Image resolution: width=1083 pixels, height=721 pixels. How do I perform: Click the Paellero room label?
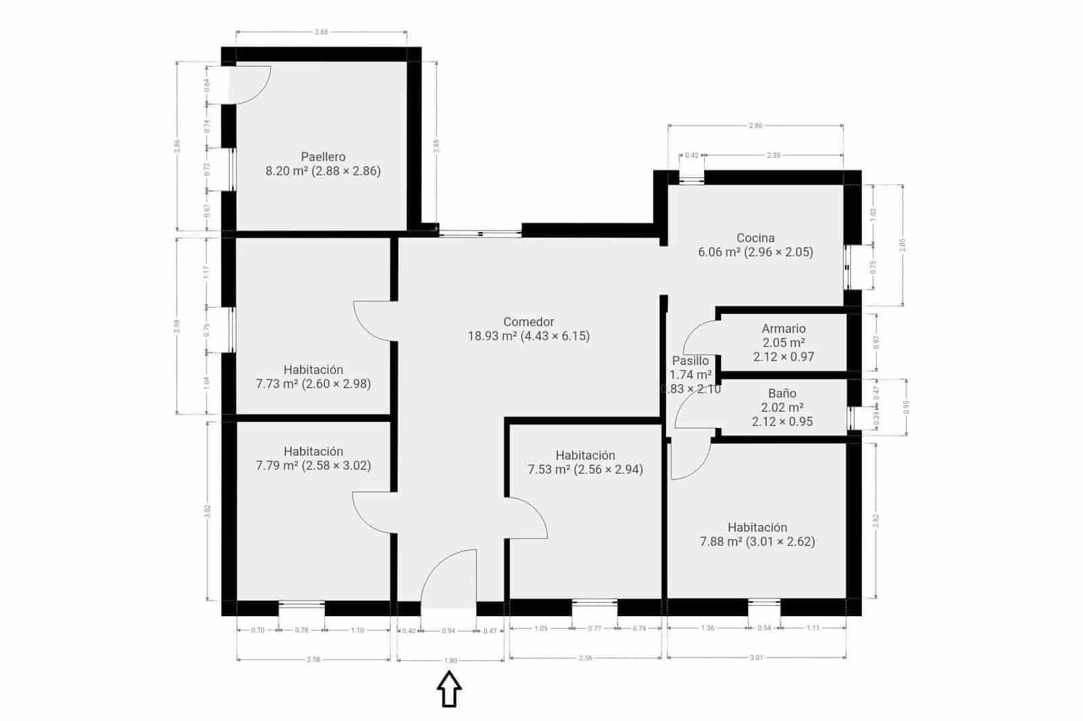point(323,157)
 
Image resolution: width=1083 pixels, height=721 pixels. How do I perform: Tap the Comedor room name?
point(529,322)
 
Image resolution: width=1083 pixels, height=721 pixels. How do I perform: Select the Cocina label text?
point(755,238)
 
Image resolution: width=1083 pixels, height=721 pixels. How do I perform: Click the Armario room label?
point(783,329)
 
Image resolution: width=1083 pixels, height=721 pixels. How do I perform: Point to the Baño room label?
point(782,394)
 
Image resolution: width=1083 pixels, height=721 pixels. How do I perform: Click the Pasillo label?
point(690,361)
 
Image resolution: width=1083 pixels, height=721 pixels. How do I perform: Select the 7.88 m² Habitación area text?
point(757,542)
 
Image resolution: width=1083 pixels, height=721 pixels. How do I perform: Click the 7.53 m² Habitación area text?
point(585,469)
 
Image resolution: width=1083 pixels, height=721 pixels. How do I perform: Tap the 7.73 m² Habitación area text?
point(313,384)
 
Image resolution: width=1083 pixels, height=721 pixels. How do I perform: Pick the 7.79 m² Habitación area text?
point(313,465)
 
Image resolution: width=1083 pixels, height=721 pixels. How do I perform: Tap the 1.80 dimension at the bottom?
point(450,661)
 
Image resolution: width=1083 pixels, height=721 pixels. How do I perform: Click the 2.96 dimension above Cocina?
point(755,125)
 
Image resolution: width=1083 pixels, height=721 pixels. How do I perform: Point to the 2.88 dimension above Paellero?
point(322,32)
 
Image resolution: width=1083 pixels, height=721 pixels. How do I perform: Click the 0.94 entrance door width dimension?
point(448,631)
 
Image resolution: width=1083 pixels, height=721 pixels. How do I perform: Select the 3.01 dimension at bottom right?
point(756,657)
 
